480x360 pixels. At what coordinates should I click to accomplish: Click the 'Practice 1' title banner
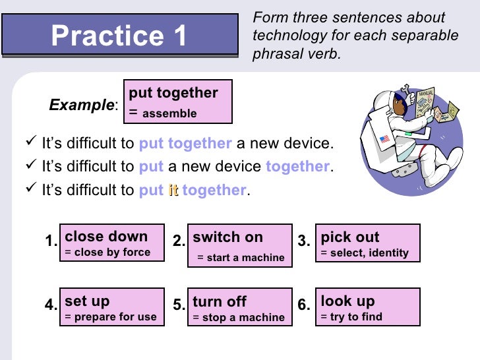tap(119, 34)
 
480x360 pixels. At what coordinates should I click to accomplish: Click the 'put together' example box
tap(177, 102)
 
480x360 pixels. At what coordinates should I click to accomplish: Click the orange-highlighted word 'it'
tap(173, 191)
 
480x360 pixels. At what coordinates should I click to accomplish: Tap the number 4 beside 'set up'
tap(51, 305)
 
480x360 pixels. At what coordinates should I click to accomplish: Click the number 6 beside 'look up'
tap(303, 305)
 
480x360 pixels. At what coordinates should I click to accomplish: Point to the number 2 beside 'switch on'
tap(179, 241)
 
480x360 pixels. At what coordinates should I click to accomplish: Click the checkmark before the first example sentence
tap(30, 143)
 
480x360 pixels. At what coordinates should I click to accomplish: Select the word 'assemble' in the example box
tap(169, 113)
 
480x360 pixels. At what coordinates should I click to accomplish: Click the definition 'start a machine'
tap(245, 258)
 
